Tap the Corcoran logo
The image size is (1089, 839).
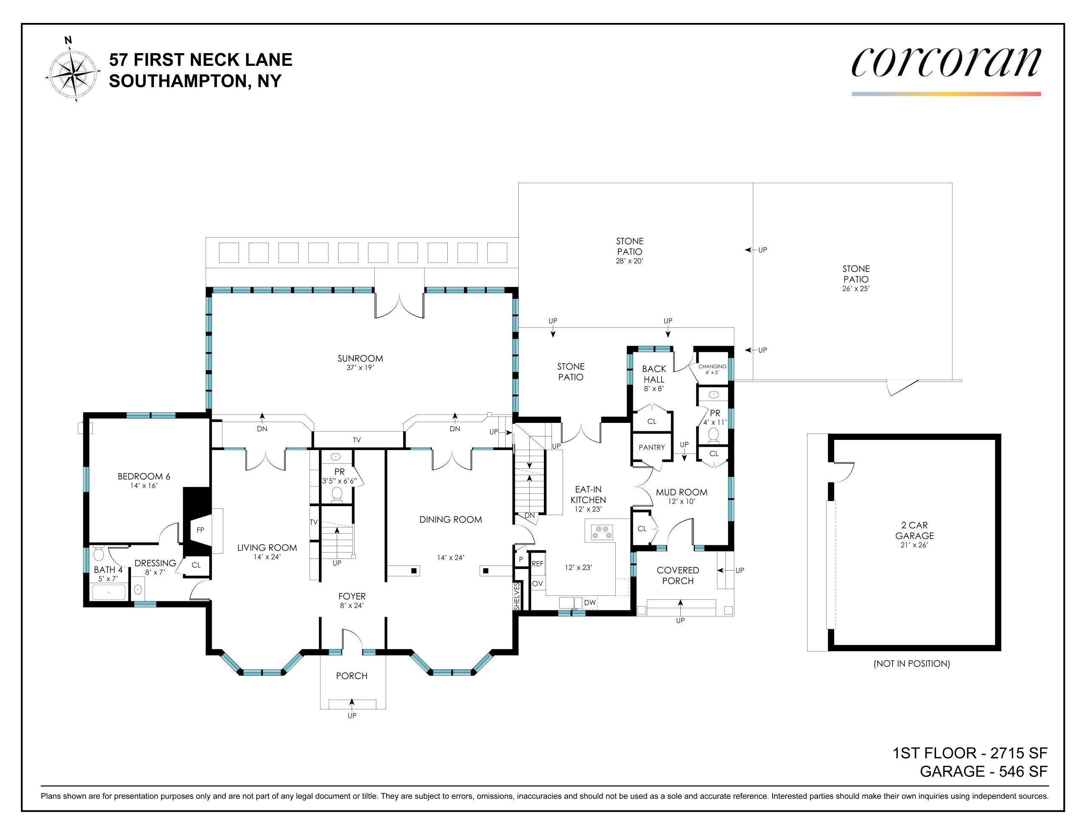(x=946, y=63)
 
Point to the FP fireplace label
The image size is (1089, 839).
(x=200, y=530)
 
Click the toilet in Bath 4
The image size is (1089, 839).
(x=99, y=554)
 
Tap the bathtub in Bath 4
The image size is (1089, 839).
(x=109, y=592)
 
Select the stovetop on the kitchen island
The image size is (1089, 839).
(x=602, y=533)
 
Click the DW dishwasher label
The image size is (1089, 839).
(x=590, y=603)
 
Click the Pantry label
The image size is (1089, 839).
(x=652, y=448)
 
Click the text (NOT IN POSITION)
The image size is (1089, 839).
(x=912, y=663)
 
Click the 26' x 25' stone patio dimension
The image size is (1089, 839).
(x=856, y=289)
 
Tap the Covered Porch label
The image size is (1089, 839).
(x=678, y=575)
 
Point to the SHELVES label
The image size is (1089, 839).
(x=517, y=597)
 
